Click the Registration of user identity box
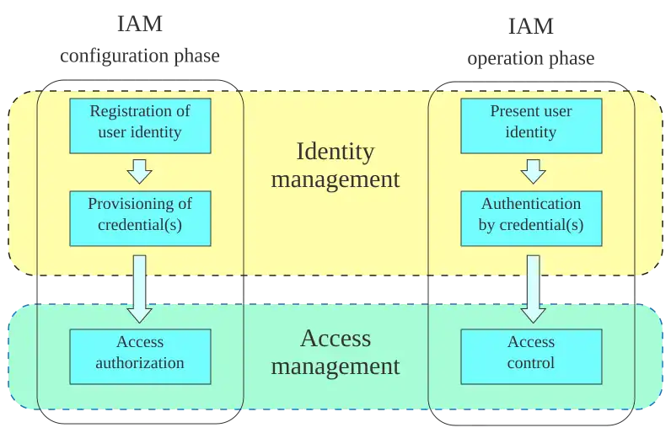click(x=140, y=125)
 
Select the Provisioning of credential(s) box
click(x=140, y=217)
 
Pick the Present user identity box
click(x=531, y=125)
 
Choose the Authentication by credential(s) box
click(x=531, y=217)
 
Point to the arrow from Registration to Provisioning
click(x=140, y=172)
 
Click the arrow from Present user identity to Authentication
click(x=531, y=172)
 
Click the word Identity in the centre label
click(x=335, y=152)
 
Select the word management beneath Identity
click(x=335, y=179)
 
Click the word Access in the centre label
click(x=335, y=339)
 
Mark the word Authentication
click(x=531, y=204)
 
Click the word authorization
click(x=140, y=364)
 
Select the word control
click(x=531, y=364)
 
